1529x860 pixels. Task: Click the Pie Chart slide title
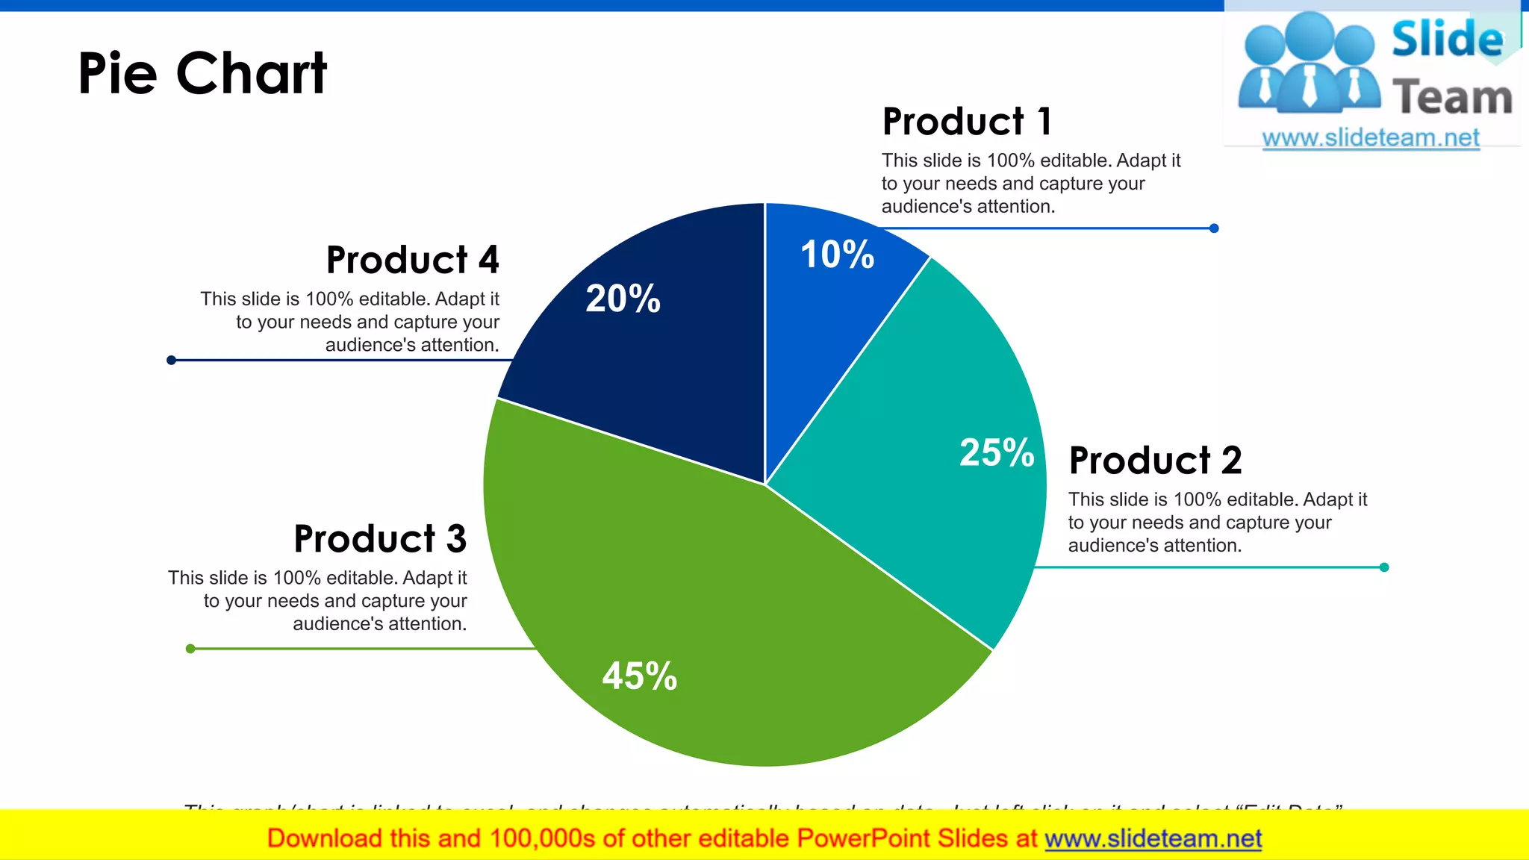(202, 74)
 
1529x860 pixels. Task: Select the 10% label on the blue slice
(837, 255)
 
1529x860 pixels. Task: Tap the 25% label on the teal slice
(996, 452)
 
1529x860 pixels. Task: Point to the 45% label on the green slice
(639, 676)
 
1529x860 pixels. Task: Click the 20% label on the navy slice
(623, 298)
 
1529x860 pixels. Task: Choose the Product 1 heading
(967, 122)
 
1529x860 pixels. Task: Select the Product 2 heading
(1155, 460)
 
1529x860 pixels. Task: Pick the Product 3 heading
(380, 538)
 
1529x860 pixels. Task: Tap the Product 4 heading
(412, 260)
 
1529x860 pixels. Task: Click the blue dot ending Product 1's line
(1214, 228)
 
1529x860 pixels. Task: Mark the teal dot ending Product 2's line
(1384, 567)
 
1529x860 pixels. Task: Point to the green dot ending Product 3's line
(190, 649)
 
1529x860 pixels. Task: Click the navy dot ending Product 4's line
(171, 361)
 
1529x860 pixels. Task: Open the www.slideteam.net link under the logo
(1370, 138)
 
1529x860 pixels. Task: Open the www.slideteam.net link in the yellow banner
(1153, 838)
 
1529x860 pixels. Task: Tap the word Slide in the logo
(1447, 39)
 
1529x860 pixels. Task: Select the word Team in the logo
(1452, 98)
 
